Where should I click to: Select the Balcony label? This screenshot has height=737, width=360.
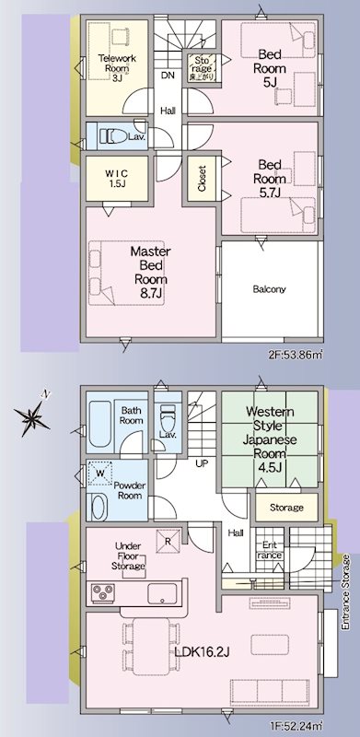(270, 288)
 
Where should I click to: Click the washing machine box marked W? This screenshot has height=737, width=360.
(100, 474)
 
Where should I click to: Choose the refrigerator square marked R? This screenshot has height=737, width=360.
(168, 542)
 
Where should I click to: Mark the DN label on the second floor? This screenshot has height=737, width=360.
(168, 76)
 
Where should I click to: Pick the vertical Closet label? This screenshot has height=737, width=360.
(201, 176)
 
